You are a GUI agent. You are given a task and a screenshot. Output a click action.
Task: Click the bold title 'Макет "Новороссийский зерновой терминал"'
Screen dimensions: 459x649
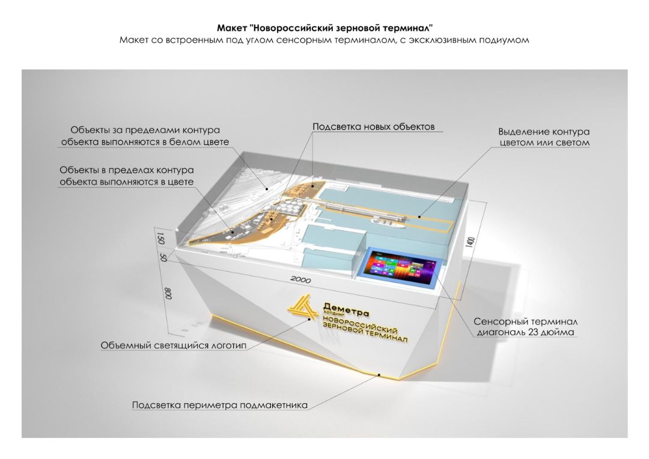324,28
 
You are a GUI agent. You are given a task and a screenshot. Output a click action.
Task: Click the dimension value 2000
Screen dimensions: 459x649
300,280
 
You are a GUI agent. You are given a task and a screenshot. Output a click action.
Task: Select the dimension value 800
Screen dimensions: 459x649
168,295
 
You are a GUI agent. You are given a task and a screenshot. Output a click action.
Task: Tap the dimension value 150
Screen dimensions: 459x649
160,238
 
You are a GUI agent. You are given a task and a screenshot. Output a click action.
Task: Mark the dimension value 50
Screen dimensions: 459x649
163,257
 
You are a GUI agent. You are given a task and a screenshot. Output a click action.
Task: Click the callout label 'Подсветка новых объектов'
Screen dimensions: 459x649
373,127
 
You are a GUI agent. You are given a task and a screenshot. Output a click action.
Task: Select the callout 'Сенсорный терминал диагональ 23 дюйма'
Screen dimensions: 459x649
525,327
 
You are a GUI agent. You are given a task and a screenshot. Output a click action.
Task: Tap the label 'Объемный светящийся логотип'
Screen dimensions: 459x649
174,345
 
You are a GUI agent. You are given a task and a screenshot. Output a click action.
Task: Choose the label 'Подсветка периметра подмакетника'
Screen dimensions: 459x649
220,405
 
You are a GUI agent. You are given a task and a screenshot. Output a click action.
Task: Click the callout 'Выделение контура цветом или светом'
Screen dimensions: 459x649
544,137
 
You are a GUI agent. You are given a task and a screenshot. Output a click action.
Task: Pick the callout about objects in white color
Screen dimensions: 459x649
145,135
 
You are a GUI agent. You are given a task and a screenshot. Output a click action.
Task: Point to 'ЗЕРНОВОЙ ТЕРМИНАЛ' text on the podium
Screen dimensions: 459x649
365,333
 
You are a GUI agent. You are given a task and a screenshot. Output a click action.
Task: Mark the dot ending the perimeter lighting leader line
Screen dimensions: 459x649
379,374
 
